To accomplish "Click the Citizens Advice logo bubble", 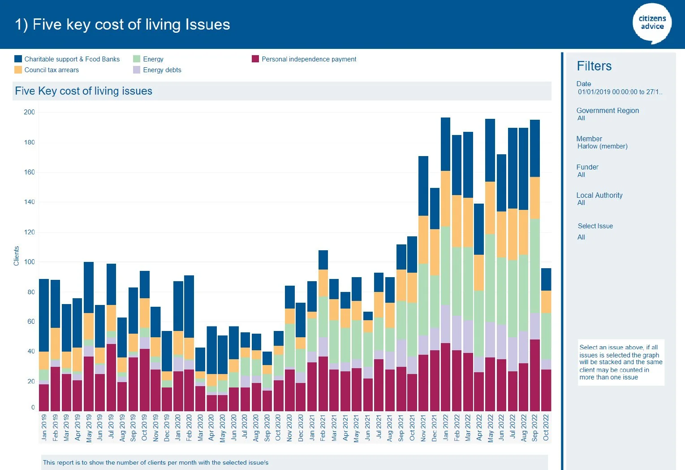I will click(x=652, y=23).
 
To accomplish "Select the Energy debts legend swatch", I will click(x=137, y=70).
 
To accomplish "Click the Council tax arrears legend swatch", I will click(x=18, y=70).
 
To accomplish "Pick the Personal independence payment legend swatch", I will click(x=255, y=59).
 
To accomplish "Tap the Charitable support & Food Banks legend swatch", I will click(x=18, y=59).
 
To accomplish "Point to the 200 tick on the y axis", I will click(x=29, y=112).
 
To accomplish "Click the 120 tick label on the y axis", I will click(x=29, y=232).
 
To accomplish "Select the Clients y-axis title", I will click(x=17, y=256).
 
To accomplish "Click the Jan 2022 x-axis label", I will click(x=445, y=427).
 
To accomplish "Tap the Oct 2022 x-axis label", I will click(x=546, y=427).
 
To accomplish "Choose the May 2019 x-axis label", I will click(x=89, y=428).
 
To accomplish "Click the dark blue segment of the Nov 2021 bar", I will click(x=423, y=186).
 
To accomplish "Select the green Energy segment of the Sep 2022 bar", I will click(x=535, y=265).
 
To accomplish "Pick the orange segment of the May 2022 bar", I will click(x=490, y=208).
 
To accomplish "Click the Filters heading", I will click(x=594, y=66).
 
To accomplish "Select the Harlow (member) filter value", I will click(x=602, y=146).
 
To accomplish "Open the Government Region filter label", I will click(x=607, y=111).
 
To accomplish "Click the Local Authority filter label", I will click(x=599, y=196).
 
